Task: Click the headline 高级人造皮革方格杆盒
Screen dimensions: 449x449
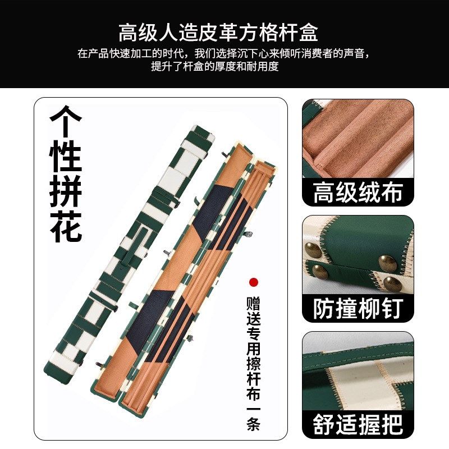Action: [218, 32]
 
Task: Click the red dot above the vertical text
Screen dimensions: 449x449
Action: [254, 282]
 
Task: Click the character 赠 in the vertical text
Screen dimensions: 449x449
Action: [254, 303]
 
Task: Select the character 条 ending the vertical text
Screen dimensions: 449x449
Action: [254, 425]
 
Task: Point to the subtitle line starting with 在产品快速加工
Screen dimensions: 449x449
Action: [223, 54]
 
